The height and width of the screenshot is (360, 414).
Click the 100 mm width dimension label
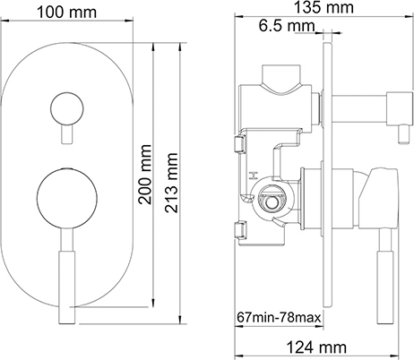66,13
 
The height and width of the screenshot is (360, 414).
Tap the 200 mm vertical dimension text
146,175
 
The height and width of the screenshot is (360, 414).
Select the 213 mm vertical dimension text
171,183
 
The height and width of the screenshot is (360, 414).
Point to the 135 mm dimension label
323,7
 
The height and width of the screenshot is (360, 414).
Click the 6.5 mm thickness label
287,26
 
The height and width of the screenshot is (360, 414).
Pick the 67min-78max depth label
279,317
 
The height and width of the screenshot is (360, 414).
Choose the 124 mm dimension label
316,347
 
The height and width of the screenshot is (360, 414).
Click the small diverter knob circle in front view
67,107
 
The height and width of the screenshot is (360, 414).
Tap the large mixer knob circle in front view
67,199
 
